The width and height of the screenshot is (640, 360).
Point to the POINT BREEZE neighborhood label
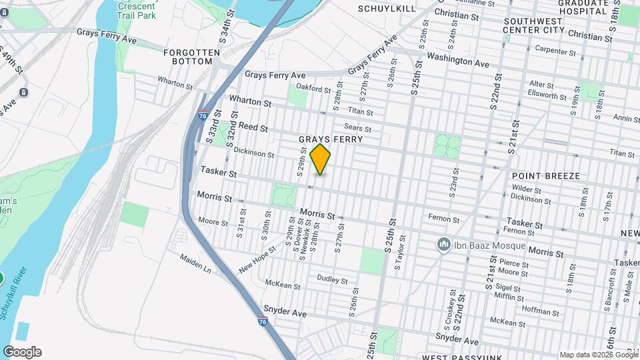(x=545, y=175)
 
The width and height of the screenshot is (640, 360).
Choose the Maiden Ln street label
(x=197, y=266)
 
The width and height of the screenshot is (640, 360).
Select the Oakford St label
(x=313, y=89)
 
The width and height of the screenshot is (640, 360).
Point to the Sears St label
(x=357, y=127)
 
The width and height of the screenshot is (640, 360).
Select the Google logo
(x=22, y=352)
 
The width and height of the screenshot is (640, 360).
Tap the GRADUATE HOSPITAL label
(x=584, y=7)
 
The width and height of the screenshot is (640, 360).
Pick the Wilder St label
(x=526, y=189)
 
